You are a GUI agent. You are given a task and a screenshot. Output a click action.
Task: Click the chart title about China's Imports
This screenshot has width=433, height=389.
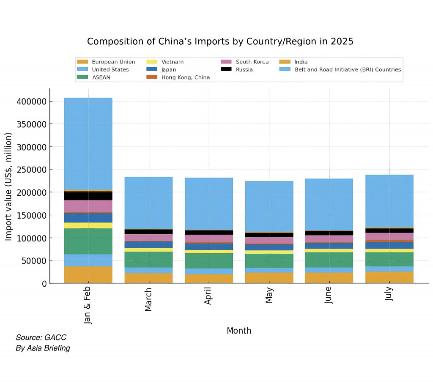tap(220, 41)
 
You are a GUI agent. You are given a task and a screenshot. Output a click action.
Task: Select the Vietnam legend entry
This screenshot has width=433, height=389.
tap(172, 62)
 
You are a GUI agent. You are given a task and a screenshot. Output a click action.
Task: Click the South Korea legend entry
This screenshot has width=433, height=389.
tap(252, 62)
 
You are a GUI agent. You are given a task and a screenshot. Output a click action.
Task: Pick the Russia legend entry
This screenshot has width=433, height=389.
tap(244, 69)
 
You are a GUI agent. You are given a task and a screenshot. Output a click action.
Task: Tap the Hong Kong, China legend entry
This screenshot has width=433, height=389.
tap(185, 77)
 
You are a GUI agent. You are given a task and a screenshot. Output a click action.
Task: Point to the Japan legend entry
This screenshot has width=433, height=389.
tap(168, 69)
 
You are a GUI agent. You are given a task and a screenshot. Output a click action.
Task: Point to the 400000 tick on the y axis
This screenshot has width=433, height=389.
tap(31, 101)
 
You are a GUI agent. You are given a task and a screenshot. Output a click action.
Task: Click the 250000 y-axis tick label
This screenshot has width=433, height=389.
tap(31, 170)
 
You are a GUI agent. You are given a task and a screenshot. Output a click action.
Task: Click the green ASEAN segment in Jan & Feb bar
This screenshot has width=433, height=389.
tap(88, 241)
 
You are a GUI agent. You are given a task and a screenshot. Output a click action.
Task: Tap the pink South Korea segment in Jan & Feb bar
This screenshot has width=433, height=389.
tap(88, 206)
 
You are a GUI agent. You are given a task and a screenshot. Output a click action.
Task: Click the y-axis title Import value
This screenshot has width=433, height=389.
tap(8, 186)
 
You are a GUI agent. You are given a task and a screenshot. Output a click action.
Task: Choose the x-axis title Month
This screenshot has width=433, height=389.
tap(239, 331)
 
